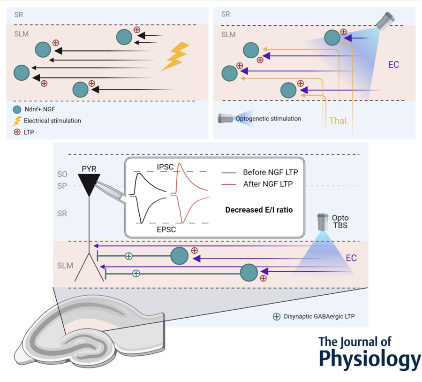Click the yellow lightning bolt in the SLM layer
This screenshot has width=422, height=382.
[x=175, y=56]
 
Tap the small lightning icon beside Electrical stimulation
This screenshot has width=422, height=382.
[x=17, y=121]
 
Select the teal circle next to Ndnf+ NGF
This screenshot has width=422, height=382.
[x=17, y=109]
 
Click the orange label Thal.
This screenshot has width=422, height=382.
[x=338, y=121]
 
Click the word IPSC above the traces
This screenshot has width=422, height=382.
[x=165, y=167]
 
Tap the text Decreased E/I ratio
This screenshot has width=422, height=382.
[x=259, y=210]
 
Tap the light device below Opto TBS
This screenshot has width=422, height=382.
[x=323, y=222]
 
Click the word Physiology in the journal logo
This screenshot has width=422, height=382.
[x=369, y=359]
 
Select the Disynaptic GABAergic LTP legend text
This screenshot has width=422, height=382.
[x=319, y=316]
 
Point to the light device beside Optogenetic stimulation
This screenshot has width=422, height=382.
[x=226, y=119]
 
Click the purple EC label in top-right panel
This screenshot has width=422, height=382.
[x=393, y=65]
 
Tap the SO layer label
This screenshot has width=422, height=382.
[x=62, y=175]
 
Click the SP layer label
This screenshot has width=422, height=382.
[x=62, y=186]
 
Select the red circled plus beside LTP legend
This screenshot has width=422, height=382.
[x=17, y=132]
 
